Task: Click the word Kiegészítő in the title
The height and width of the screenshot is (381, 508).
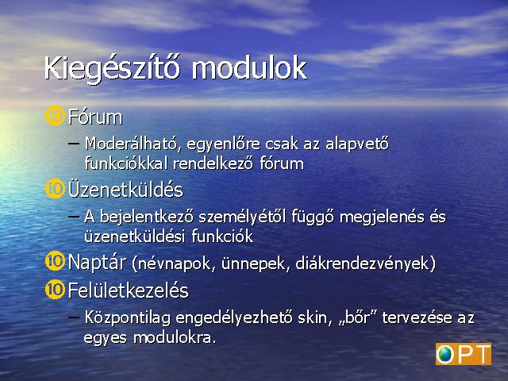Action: tap(112, 69)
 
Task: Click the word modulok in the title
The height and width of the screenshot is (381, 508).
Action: tap(249, 67)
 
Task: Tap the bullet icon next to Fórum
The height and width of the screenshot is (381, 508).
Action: tap(55, 116)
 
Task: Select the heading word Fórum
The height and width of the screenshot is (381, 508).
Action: tap(95, 117)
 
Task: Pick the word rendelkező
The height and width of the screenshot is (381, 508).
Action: tap(213, 163)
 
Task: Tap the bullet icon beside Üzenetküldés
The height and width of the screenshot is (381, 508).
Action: tap(55, 189)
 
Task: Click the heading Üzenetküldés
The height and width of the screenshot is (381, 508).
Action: tap(125, 189)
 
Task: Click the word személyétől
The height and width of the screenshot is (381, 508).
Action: tap(242, 217)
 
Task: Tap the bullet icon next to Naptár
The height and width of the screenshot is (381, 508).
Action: tap(55, 261)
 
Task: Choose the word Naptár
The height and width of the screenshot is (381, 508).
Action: tap(97, 262)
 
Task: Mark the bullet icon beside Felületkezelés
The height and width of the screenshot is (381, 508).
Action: tap(55, 289)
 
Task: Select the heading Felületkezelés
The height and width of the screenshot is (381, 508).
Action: tap(129, 290)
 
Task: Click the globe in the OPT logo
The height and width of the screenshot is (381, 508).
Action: tap(445, 355)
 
